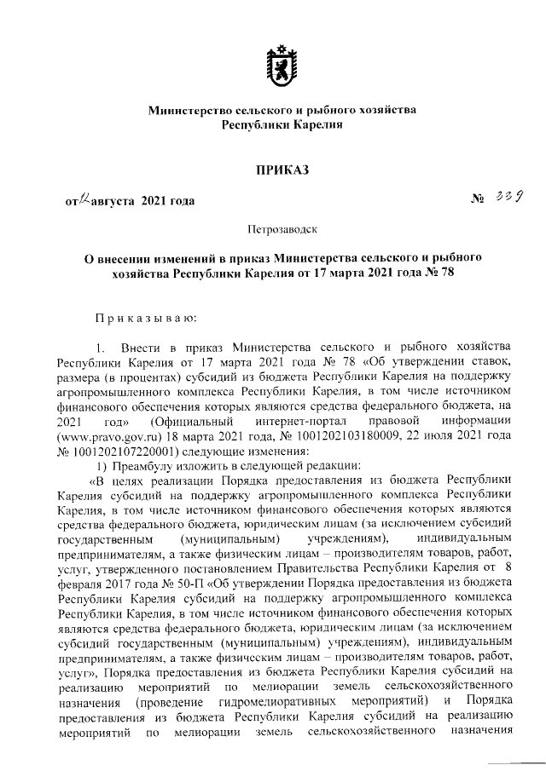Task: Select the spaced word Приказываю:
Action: [146, 318]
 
